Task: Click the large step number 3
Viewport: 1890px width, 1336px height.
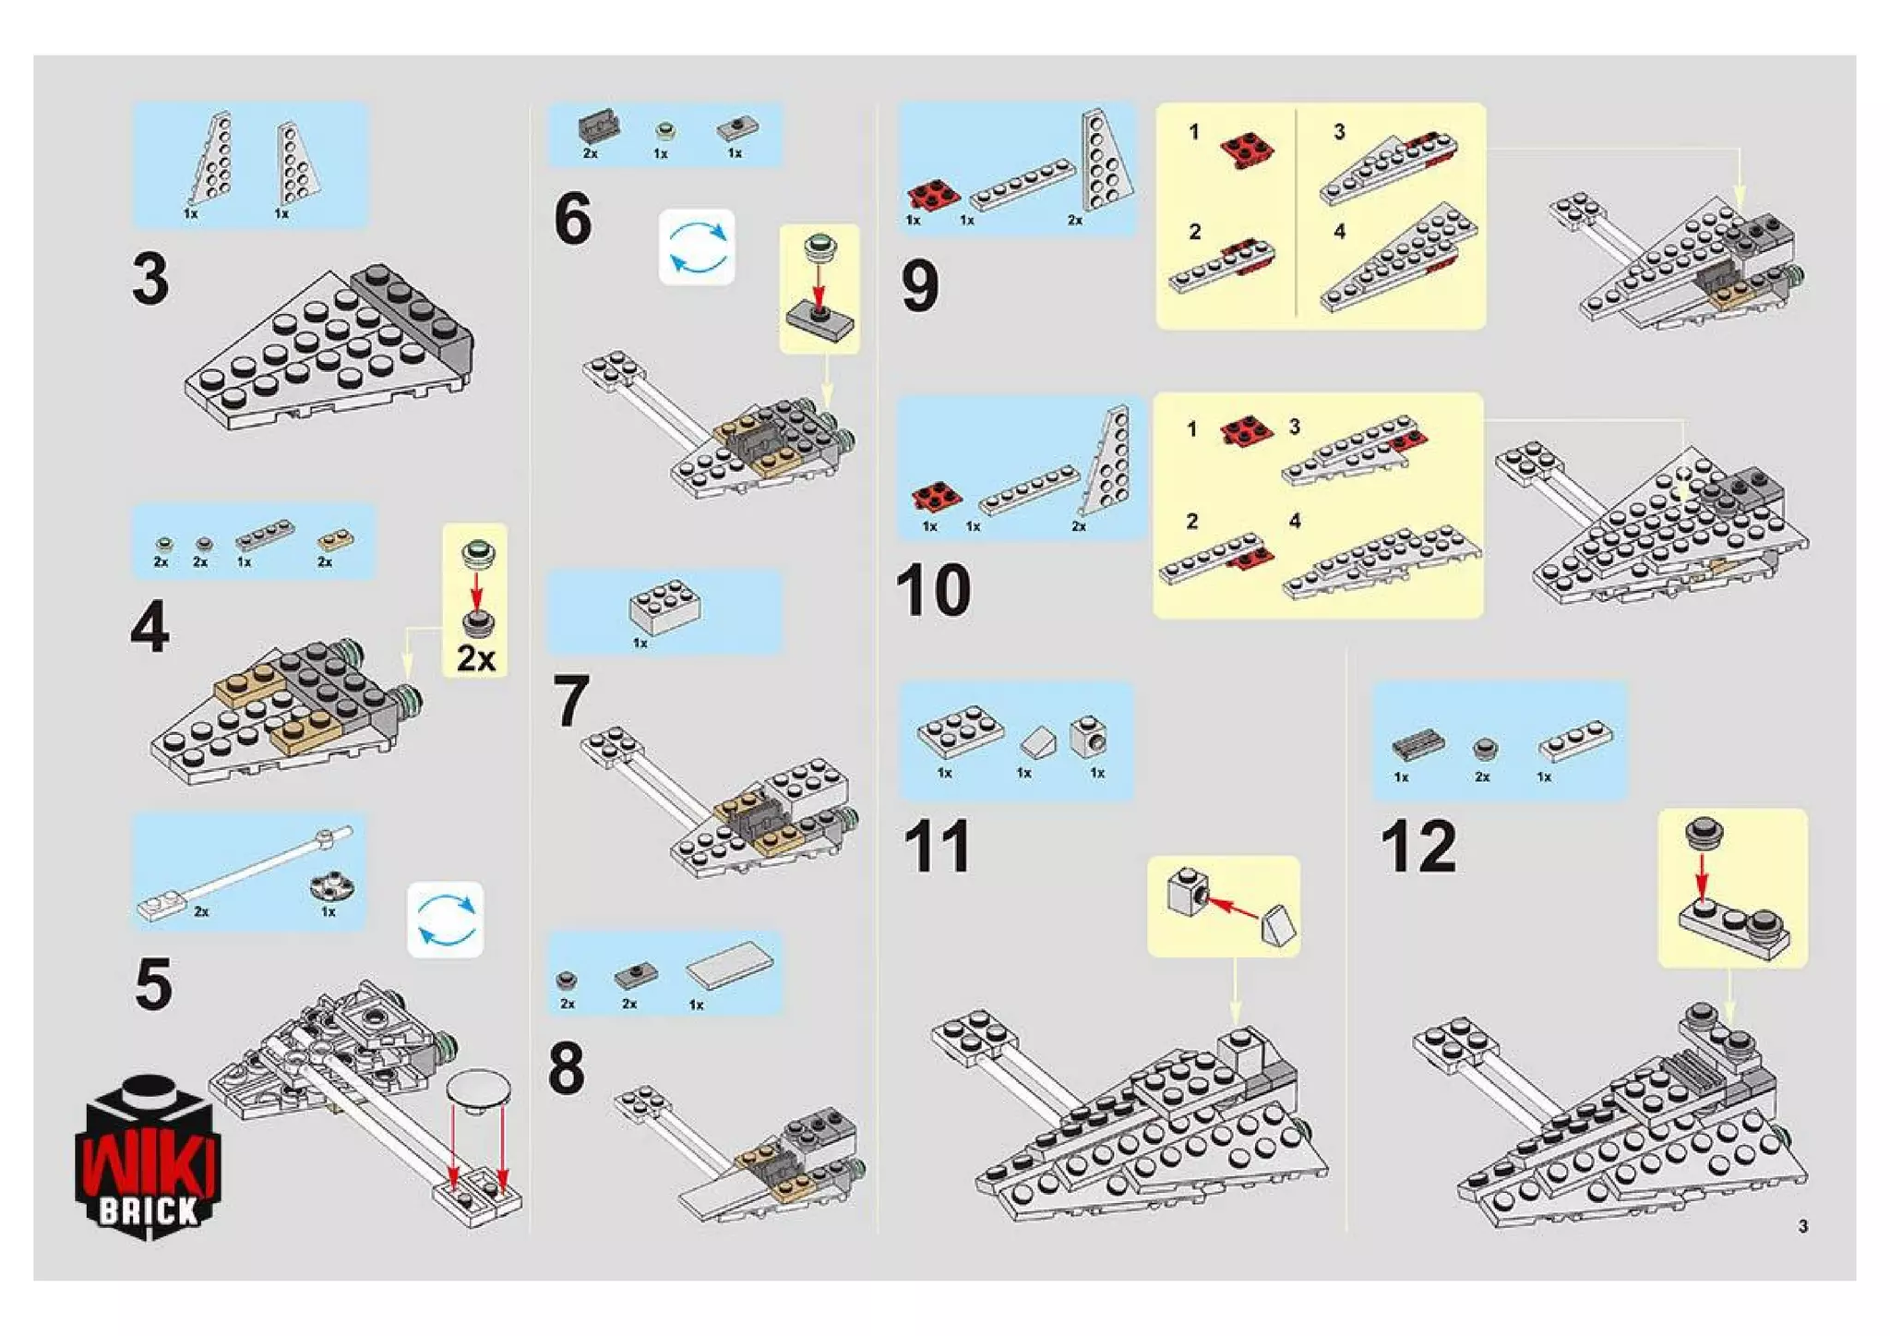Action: [150, 279]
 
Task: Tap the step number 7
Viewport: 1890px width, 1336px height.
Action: [571, 702]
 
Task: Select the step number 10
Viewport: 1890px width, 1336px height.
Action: [933, 589]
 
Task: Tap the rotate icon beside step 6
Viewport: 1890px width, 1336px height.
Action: [697, 247]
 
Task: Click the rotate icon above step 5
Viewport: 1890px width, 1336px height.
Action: [446, 920]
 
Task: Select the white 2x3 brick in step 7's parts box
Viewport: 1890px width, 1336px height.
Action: [664, 607]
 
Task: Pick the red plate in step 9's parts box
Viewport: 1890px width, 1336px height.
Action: [933, 195]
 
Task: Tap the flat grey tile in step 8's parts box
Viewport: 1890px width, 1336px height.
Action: [729, 965]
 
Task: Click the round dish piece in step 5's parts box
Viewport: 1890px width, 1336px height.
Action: [332, 886]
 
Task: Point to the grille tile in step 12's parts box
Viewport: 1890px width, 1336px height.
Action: [1417, 743]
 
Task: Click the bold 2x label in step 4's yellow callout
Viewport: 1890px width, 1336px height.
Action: [476, 659]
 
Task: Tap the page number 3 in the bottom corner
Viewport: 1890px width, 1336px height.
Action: [1802, 1226]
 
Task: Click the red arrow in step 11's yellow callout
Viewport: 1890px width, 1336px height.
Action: [1233, 907]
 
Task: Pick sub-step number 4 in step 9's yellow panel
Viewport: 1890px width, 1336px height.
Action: [1339, 232]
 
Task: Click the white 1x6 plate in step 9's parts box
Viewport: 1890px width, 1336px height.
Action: [1023, 184]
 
